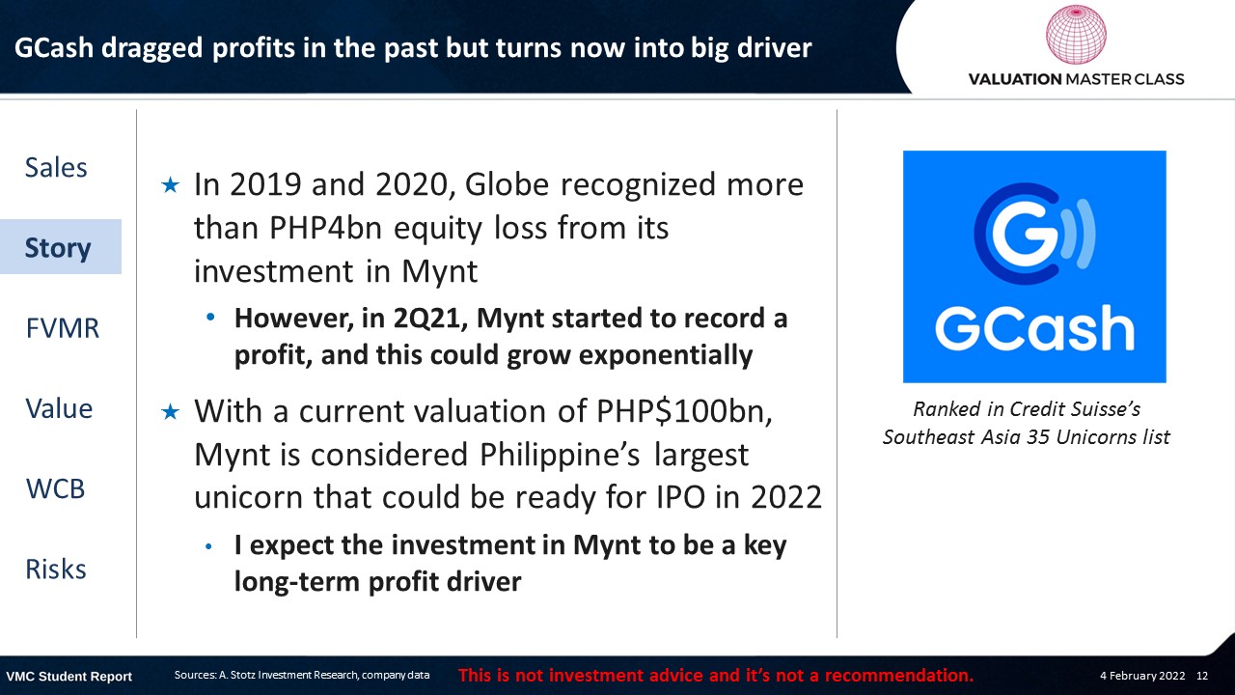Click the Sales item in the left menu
(56, 167)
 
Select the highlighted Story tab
(58, 248)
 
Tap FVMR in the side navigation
(63, 328)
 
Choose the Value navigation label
(59, 408)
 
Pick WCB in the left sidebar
(55, 488)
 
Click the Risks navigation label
(56, 570)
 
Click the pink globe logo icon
(1076, 34)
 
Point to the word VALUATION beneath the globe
(1015, 79)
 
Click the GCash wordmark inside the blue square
(1034, 328)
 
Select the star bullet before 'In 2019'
(171, 185)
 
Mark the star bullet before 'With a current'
(171, 411)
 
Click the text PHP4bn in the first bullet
(326, 228)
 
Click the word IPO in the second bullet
(681, 497)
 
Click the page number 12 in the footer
(1202, 676)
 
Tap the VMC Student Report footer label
(69, 677)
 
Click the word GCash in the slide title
(54, 48)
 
